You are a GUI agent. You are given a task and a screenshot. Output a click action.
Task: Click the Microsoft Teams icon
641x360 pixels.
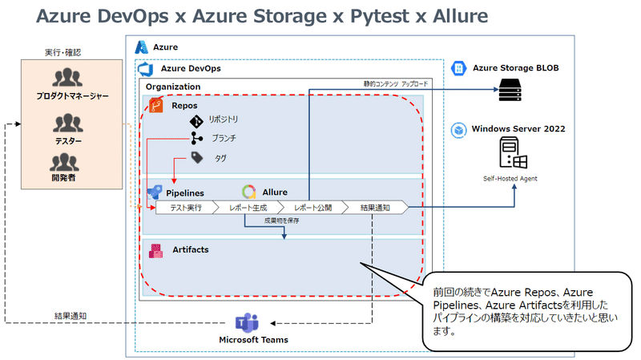(247, 323)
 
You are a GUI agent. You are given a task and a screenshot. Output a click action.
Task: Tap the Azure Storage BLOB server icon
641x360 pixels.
(510, 90)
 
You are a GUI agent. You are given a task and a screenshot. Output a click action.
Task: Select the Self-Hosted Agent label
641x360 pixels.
(510, 179)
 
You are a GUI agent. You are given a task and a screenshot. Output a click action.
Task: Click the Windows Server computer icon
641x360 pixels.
(513, 153)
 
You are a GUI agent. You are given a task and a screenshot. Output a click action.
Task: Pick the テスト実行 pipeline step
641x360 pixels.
(186, 208)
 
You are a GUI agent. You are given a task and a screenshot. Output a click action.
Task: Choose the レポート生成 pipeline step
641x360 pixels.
(248, 208)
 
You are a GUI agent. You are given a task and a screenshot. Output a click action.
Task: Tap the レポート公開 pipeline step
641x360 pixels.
(313, 208)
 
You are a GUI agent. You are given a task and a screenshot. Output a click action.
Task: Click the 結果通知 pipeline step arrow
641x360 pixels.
(375, 208)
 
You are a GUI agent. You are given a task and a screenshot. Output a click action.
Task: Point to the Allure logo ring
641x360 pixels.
(249, 192)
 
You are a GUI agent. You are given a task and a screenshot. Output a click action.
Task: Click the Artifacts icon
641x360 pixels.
(155, 251)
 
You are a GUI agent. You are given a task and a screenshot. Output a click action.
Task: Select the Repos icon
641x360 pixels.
(155, 106)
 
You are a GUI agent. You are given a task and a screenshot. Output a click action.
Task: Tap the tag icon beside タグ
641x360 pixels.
(197, 157)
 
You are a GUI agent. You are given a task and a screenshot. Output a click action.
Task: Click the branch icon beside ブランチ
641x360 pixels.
(196, 138)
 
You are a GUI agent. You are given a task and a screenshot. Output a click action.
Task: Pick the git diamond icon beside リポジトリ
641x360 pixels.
(196, 122)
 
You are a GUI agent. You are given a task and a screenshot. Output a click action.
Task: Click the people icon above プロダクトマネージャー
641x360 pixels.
(67, 78)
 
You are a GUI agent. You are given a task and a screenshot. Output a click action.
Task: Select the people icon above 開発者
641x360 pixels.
(65, 163)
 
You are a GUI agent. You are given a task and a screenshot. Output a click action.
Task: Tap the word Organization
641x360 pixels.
(173, 87)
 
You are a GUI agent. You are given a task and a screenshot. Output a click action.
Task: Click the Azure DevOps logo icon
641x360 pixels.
(146, 69)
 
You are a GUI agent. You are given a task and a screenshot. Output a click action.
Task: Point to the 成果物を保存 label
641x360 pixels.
(282, 220)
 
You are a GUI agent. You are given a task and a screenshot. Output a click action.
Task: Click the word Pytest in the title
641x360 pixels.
(379, 17)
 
